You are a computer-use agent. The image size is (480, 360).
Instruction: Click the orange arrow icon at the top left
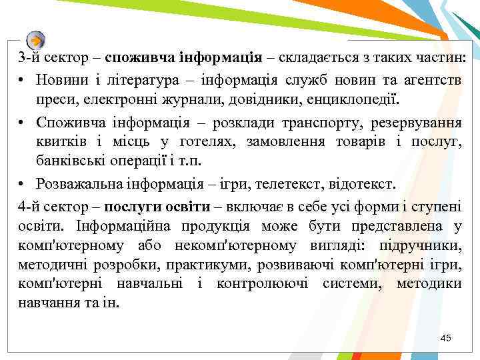point(37,39)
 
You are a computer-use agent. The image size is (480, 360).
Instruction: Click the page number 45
point(446,339)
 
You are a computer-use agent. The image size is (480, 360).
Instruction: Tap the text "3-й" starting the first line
point(30,59)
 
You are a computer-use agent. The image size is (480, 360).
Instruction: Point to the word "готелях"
point(202,142)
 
